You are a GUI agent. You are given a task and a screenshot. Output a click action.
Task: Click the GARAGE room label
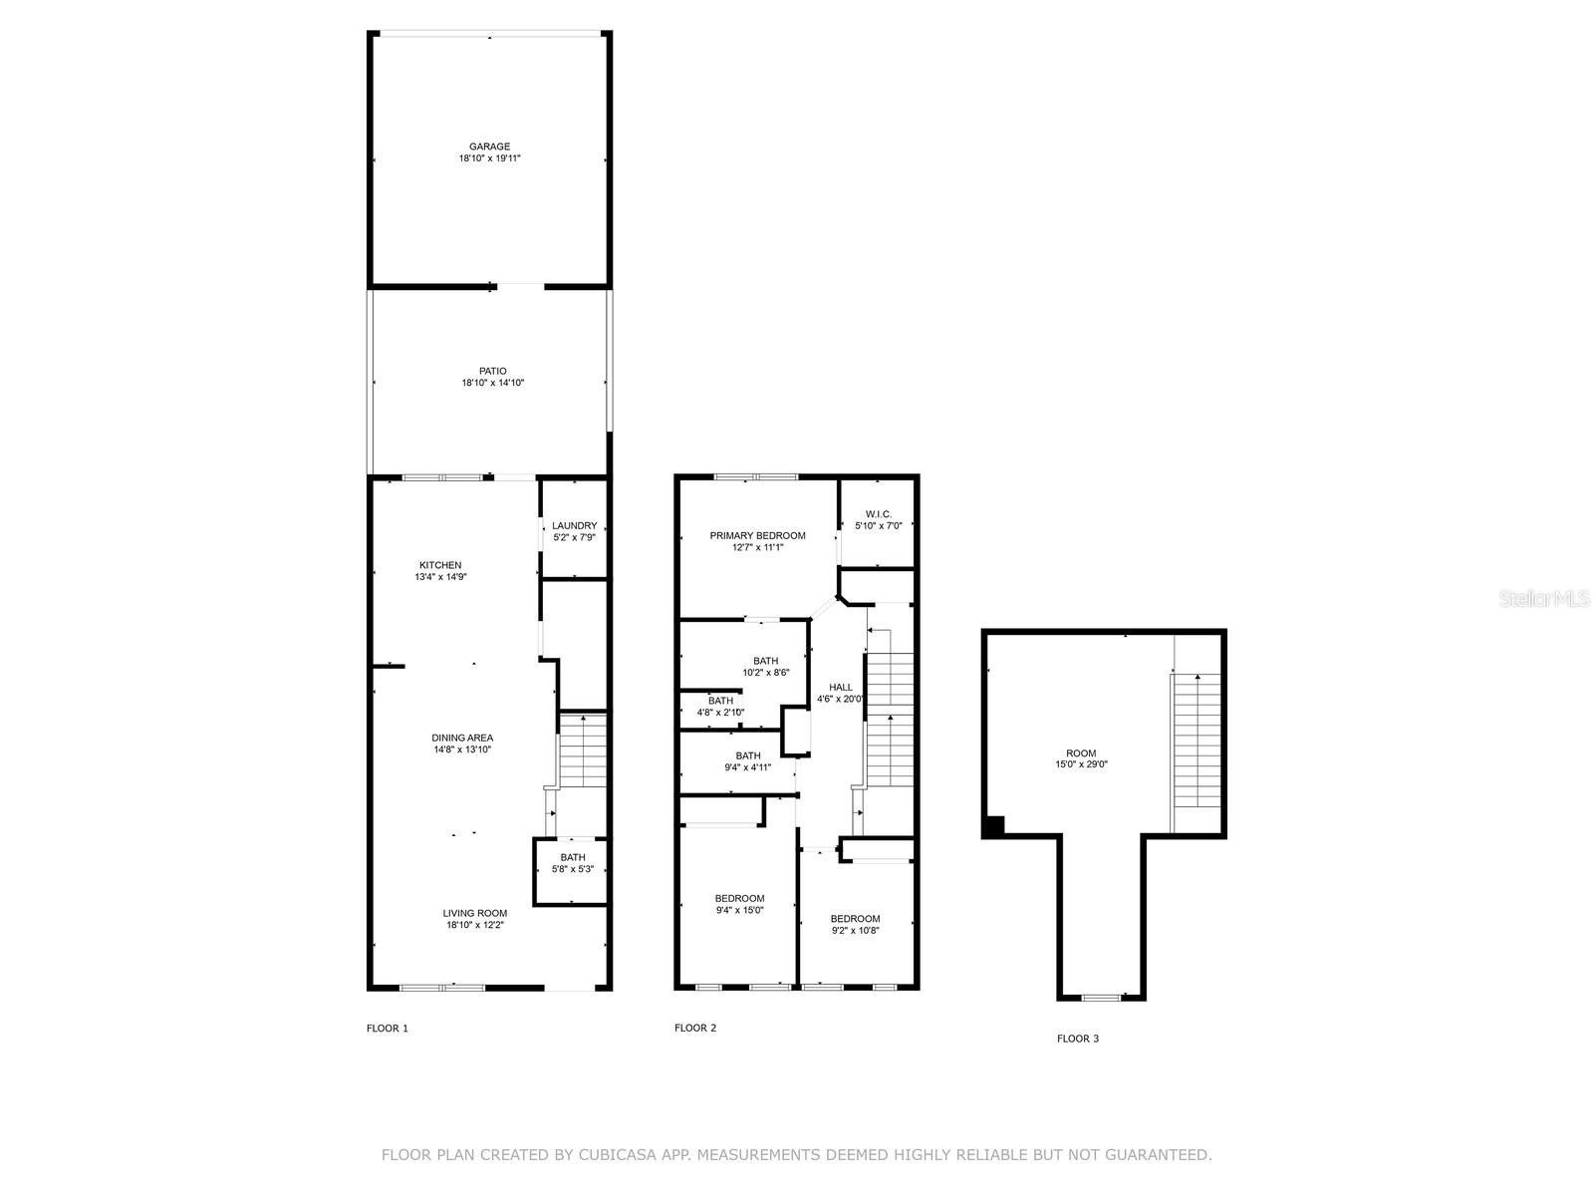489,147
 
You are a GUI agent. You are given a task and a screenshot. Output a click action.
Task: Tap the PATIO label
492,371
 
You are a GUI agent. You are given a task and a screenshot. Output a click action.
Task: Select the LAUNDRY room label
574,526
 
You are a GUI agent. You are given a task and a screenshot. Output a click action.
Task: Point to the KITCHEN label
440,565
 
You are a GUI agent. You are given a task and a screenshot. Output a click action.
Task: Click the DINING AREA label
462,738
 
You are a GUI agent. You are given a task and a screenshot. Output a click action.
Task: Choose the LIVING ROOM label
475,914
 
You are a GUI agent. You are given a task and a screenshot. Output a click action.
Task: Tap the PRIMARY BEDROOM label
757,536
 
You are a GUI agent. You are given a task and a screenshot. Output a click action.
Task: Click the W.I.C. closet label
878,514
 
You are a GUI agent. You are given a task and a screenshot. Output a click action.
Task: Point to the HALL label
840,687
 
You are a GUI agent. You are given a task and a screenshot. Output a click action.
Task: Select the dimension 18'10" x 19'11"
489,158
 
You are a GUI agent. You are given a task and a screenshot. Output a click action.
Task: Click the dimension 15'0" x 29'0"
1081,763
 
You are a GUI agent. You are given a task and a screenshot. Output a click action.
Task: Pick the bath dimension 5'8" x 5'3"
572,869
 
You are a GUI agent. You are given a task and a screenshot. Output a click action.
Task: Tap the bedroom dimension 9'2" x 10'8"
855,930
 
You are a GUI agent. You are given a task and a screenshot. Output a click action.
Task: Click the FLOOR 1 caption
388,1029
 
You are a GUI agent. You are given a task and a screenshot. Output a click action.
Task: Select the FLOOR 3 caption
1078,1039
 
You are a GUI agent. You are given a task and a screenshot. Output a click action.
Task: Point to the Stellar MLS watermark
1544,598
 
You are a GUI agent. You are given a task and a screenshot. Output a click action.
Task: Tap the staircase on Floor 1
582,750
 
